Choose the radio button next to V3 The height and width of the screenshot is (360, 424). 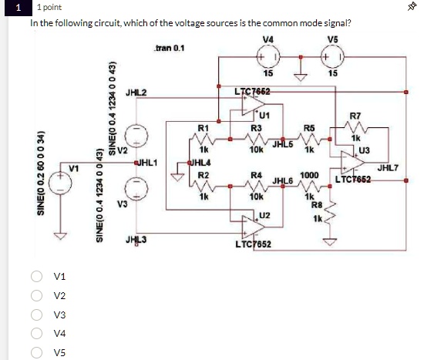36,315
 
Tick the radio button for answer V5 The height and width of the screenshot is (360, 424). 36,352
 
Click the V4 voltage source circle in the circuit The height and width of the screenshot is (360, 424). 269,59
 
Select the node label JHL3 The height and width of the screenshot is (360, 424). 136,240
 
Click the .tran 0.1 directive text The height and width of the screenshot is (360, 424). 169,49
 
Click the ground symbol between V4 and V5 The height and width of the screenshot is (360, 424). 301,76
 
